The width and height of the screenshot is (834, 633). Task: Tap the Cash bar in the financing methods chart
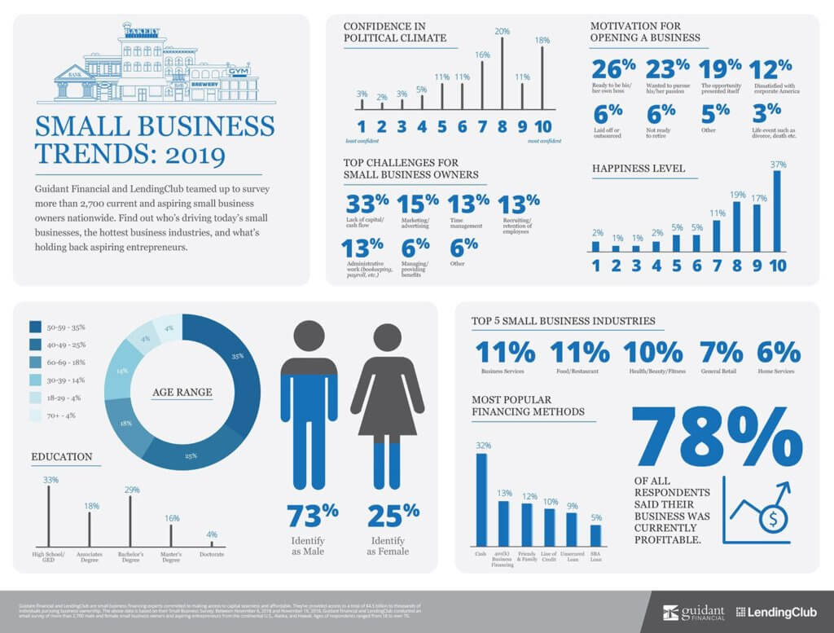[x=481, y=499]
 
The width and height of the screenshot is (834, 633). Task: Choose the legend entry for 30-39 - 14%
[x=57, y=380]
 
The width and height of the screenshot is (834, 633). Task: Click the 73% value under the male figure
[x=313, y=515]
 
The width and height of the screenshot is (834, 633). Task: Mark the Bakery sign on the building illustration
[x=141, y=32]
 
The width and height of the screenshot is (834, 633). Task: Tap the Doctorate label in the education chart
[x=211, y=554]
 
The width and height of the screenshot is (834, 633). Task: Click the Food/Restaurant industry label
[x=579, y=371]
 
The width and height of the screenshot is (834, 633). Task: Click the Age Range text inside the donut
[x=182, y=392]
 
